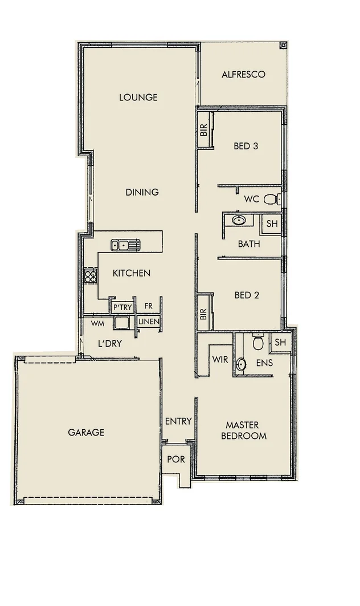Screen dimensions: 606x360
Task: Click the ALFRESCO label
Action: [243, 75]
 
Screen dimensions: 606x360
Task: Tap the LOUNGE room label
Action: [138, 97]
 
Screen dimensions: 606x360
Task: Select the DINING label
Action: [142, 192]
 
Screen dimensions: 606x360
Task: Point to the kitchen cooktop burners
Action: [90, 275]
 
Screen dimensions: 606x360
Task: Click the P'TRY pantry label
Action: [122, 307]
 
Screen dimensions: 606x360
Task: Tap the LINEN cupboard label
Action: [149, 322]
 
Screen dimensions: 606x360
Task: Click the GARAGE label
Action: [86, 432]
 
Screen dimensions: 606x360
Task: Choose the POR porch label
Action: [176, 459]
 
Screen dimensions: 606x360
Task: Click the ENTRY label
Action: [178, 421]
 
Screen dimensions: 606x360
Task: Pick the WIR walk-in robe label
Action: [220, 360]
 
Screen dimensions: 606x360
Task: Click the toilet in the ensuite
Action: [257, 343]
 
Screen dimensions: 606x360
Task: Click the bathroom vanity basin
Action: [239, 220]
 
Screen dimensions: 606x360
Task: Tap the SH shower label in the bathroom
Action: [272, 224]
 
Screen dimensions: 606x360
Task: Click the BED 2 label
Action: [247, 295]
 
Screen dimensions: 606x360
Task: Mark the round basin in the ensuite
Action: [242, 363]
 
